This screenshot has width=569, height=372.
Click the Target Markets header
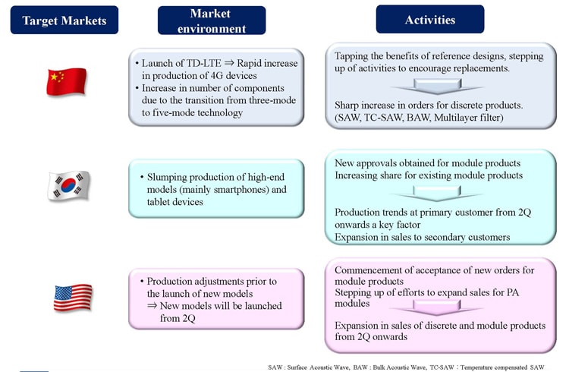pos(64,20)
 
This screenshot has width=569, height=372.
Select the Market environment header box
pos(212,20)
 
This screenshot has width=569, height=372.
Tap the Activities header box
pos(430,19)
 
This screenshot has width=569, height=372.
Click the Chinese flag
pos(67,82)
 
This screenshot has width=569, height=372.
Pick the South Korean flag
pos(68,185)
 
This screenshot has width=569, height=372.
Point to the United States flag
pos(73,297)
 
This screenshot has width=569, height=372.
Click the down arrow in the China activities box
pos(437,87)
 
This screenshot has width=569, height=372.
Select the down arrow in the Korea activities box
pos(436,194)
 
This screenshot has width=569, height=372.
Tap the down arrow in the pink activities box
pos(436,308)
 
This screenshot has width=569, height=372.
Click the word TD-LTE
pos(204,63)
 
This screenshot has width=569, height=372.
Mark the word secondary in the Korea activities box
pos(445,237)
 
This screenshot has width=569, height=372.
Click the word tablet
pos(158,202)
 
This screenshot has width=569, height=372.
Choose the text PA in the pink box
pos(512,292)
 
